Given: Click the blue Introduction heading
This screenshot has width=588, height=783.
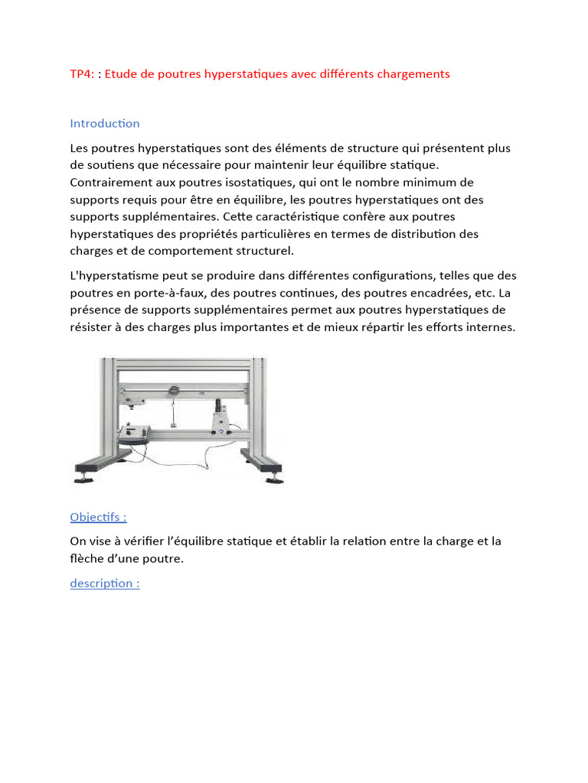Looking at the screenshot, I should tap(105, 123).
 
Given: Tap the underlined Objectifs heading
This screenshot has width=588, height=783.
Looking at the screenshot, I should tap(98, 517).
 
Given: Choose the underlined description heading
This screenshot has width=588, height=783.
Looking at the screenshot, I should tap(105, 583).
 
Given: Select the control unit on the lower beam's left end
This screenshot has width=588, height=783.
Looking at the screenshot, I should tap(135, 437).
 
